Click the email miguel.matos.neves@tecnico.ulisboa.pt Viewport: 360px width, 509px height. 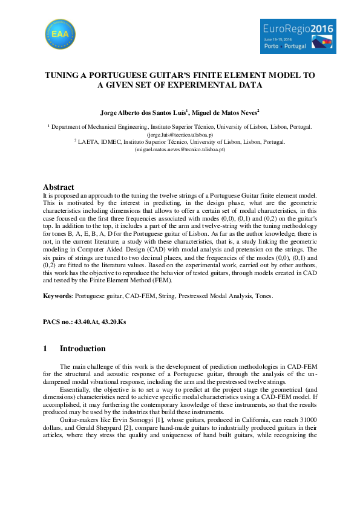tap(180, 149)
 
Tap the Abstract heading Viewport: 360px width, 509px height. tap(59, 187)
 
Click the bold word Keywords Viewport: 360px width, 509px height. tap(57, 296)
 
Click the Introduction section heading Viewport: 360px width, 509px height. tap(82, 349)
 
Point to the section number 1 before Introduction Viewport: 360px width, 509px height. tap(45, 349)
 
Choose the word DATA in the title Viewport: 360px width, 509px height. tap(249, 86)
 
